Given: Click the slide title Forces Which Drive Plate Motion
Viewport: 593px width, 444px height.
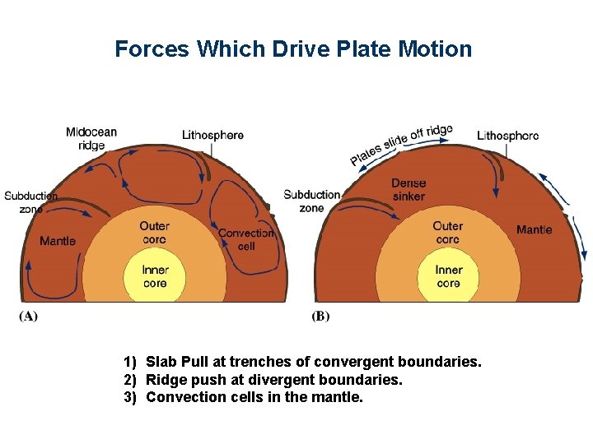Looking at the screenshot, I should (x=293, y=49).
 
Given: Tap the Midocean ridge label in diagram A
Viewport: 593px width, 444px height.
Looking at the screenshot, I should (x=91, y=138).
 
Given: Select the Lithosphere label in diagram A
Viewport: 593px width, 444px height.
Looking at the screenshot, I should (x=212, y=135).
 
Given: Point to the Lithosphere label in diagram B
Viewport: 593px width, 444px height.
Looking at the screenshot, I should (x=508, y=135).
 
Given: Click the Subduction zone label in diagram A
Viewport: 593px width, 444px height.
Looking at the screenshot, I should (x=30, y=202).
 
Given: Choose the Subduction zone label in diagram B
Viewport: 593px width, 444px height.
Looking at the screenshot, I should (x=311, y=201).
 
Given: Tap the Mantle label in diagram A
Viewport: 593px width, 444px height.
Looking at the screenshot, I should (x=58, y=241).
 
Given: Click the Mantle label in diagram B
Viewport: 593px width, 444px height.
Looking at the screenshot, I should (x=534, y=229).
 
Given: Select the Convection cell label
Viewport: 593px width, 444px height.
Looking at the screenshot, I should (x=246, y=239).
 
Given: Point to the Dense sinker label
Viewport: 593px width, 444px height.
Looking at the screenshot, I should (x=409, y=190).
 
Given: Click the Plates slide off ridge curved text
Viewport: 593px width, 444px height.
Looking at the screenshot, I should (x=401, y=144).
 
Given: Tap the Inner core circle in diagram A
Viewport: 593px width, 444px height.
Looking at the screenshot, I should (x=155, y=276).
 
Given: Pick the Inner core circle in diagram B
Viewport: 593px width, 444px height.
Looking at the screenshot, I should (x=448, y=276).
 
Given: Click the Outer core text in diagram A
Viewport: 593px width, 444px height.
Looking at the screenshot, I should (x=154, y=233).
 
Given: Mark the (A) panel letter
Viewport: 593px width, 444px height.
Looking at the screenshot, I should (x=28, y=316).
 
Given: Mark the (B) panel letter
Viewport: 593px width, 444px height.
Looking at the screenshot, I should (x=320, y=316).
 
